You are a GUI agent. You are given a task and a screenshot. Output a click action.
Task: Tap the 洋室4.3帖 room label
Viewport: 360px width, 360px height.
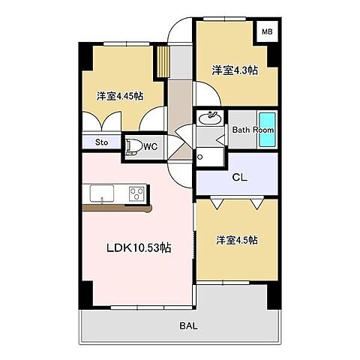pyautogui.click(x=235, y=70)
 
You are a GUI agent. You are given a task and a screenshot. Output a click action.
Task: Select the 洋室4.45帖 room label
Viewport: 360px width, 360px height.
pyautogui.click(x=119, y=96)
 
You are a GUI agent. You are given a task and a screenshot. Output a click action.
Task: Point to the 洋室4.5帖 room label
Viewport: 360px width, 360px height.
pyautogui.click(x=237, y=240)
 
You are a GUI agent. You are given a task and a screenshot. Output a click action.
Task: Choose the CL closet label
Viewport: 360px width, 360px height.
pyautogui.click(x=240, y=178)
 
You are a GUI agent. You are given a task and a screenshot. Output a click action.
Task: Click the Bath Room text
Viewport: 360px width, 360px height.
pyautogui.click(x=253, y=129)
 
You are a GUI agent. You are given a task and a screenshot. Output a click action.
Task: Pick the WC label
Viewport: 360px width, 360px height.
pyautogui.click(x=150, y=145)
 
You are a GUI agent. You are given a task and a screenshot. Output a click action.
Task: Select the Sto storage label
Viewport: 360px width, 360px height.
pyautogui.click(x=100, y=142)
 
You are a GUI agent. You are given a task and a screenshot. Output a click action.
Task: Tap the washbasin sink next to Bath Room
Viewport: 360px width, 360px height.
pyautogui.click(x=211, y=118)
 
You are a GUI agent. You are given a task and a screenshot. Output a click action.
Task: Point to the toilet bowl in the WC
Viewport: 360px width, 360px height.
pyautogui.click(x=134, y=145)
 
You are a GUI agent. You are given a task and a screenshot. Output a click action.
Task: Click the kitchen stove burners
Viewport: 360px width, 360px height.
pyautogui.click(x=136, y=193)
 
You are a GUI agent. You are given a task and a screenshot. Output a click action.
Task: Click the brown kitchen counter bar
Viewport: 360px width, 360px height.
pyautogui.click(x=118, y=208)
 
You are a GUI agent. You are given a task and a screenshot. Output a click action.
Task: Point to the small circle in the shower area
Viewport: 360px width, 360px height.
pyautogui.click(x=199, y=157)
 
